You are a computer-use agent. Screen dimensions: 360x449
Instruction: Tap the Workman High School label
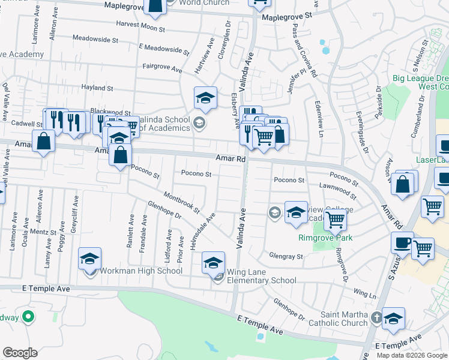coord(142,271)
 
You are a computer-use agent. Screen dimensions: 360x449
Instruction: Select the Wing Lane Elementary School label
coord(262,280)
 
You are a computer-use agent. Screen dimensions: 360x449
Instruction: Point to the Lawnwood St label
coord(338,191)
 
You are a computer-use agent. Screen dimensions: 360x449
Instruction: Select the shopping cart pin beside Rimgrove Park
coord(335,220)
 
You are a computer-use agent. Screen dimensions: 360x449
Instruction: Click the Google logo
coord(20,353)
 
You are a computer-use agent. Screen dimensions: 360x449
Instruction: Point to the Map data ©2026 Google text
coord(412,355)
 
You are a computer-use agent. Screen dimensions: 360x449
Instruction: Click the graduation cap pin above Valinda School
coord(205,98)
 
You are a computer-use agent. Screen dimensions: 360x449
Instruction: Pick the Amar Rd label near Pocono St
coord(232,159)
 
